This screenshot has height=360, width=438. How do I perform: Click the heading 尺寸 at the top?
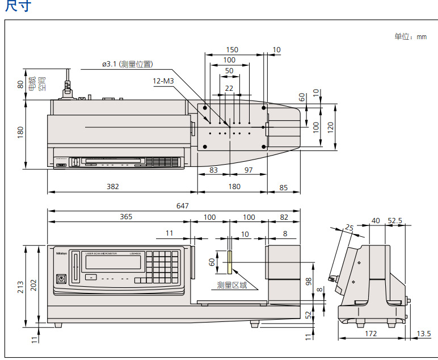(x=18, y=6)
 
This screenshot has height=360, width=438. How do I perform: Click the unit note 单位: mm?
(x=410, y=37)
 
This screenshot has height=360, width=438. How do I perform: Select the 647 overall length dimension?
(x=182, y=206)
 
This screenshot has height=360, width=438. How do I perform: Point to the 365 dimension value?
(x=126, y=217)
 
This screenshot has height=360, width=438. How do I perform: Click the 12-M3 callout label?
(x=163, y=81)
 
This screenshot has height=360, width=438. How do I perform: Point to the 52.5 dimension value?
(x=394, y=221)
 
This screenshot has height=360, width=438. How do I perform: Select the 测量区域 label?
(x=232, y=285)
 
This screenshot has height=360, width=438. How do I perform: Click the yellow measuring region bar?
(x=229, y=262)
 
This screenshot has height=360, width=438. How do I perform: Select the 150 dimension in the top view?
(x=232, y=50)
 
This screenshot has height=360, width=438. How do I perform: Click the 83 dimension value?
(x=213, y=170)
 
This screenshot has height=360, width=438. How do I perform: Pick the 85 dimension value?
(x=284, y=187)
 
